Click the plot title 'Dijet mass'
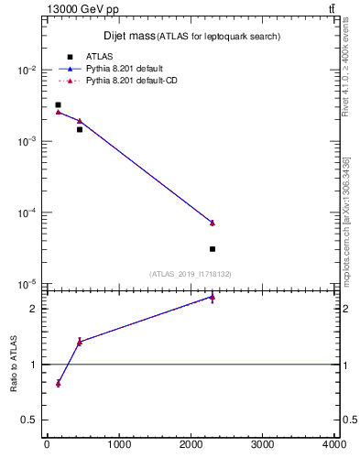pos(128,36)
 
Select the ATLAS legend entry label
pos(99,57)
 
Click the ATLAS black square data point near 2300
pos(212,248)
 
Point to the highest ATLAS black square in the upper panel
pos(58,105)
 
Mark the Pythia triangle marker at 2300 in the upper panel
pos(212,223)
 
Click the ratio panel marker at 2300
pos(212,297)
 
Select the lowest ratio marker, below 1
pos(58,383)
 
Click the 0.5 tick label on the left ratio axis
pos(30,420)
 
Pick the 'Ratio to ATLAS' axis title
pos(14,365)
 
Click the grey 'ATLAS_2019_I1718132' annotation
pos(191,274)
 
